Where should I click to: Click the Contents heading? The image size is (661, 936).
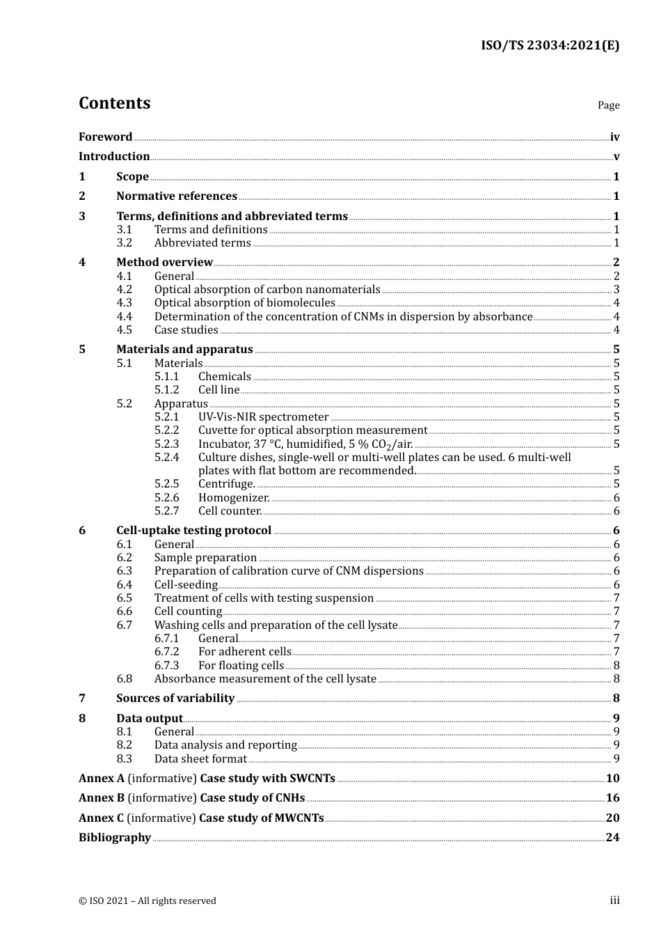(x=114, y=103)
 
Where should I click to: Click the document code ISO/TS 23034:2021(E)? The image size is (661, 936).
(x=550, y=45)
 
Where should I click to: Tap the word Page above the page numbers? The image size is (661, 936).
(x=608, y=105)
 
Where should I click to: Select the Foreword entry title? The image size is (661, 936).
(x=105, y=137)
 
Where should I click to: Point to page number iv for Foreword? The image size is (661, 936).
(x=614, y=137)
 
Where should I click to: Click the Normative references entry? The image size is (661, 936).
(x=177, y=196)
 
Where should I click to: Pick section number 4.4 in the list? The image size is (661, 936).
(x=124, y=317)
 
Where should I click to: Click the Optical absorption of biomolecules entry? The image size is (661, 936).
(x=244, y=303)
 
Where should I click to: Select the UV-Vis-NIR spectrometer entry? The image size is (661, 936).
(x=263, y=417)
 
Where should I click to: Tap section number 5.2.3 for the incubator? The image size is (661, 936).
(x=166, y=444)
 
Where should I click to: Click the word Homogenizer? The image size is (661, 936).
(x=234, y=498)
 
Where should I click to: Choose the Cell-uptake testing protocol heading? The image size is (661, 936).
(x=193, y=531)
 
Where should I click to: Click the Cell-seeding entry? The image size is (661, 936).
(x=186, y=585)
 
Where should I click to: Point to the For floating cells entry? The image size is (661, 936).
(x=241, y=666)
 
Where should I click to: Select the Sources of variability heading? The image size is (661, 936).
(x=175, y=699)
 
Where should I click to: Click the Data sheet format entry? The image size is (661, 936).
(x=200, y=759)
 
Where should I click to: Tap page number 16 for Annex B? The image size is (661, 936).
(x=612, y=798)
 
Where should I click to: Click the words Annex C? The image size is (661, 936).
(x=101, y=818)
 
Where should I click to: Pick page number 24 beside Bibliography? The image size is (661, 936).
(x=612, y=838)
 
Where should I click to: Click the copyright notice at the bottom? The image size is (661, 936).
(x=148, y=901)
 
